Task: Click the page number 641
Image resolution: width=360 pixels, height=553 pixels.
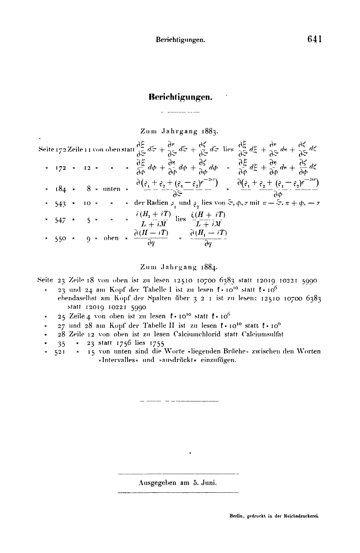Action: coord(315,39)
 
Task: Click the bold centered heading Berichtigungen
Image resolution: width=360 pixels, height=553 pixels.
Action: coord(181,97)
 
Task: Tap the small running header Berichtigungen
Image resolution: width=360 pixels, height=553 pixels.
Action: coord(180,40)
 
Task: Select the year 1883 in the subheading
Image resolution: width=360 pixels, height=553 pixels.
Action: coord(210,132)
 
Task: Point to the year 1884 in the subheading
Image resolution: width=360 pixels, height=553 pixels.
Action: coord(210,267)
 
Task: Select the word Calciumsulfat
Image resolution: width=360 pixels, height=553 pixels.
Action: coord(262,334)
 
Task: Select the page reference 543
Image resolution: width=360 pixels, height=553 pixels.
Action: coord(61,204)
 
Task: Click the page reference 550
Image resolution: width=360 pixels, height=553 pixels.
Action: coord(61,239)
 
